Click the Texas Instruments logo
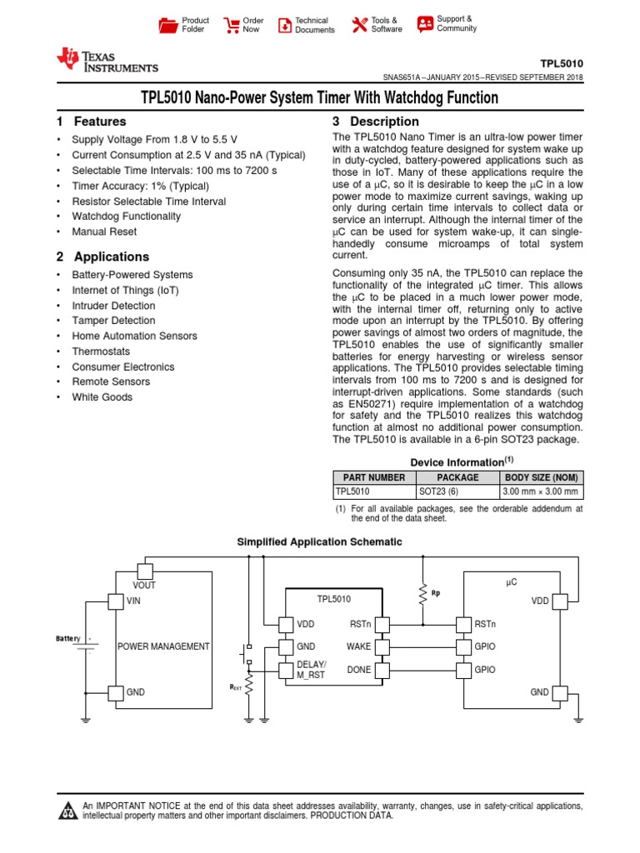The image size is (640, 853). pyautogui.click(x=106, y=60)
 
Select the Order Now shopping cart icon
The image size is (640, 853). pyautogui.click(x=232, y=25)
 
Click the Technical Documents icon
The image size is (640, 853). pyautogui.click(x=285, y=25)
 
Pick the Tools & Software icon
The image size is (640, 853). pyautogui.click(x=359, y=25)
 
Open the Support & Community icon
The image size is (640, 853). pyautogui.click(x=425, y=23)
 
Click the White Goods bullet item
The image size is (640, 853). pyautogui.click(x=102, y=397)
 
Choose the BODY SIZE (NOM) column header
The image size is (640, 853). pyautogui.click(x=541, y=477)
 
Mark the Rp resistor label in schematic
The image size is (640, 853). pyautogui.click(x=435, y=594)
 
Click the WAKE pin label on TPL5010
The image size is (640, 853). pyautogui.click(x=358, y=646)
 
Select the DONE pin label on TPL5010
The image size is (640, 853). pyautogui.click(x=358, y=670)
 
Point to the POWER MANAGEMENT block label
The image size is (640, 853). pyautogui.click(x=163, y=646)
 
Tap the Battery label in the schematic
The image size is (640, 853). pyautogui.click(x=68, y=638)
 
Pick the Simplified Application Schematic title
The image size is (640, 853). pyautogui.click(x=319, y=542)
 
